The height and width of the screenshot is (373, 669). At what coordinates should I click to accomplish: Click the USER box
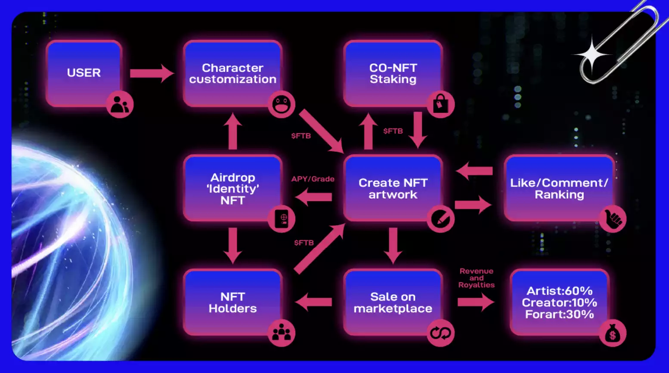[x=84, y=73]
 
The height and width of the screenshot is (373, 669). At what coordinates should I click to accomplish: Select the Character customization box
[x=232, y=73]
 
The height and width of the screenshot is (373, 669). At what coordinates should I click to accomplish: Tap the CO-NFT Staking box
[x=393, y=73]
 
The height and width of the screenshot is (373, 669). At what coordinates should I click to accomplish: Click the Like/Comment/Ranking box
[x=559, y=188]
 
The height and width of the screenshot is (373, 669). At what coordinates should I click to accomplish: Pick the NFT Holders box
[x=232, y=302]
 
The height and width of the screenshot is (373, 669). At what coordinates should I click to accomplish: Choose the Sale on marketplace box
[x=393, y=302]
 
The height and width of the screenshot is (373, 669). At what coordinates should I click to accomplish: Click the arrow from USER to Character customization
[x=152, y=74]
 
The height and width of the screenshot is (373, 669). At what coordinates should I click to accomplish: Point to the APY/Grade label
[x=313, y=179]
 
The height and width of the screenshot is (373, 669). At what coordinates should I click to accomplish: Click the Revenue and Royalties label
[x=476, y=278]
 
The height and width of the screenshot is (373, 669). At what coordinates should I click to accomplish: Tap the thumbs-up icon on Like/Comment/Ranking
[x=613, y=219]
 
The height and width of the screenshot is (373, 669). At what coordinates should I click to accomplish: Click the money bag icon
[x=613, y=333]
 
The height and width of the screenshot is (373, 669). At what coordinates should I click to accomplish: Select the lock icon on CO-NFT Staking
[x=440, y=104]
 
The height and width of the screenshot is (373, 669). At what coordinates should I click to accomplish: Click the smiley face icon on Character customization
[x=282, y=104]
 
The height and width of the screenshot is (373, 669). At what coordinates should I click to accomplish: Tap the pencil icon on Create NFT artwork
[x=440, y=219]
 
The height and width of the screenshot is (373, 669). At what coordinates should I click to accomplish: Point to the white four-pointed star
[x=592, y=55]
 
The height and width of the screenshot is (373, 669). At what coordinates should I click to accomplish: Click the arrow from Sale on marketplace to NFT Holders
[x=313, y=302]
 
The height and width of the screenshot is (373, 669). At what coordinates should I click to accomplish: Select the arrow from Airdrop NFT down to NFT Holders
[x=232, y=245]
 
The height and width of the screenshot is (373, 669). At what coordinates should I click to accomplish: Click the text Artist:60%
[x=559, y=291]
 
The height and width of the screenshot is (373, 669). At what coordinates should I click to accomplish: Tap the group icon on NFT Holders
[x=282, y=333]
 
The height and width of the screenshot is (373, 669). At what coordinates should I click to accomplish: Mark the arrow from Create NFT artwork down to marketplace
[x=393, y=245]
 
